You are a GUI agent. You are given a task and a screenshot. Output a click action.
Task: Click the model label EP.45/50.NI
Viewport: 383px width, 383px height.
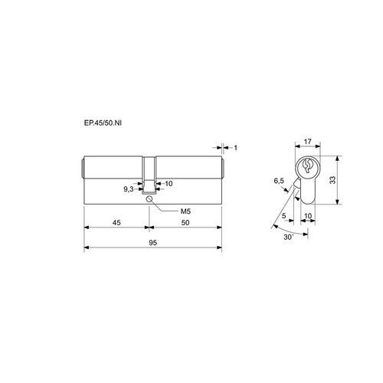[x=103, y=123]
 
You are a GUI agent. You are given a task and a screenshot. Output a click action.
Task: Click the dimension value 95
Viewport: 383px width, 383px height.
[x=152, y=243]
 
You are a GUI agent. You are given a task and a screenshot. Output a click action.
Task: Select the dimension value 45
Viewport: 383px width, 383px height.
[x=116, y=222]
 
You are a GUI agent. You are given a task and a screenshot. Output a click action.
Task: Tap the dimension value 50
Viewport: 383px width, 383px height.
[x=185, y=222]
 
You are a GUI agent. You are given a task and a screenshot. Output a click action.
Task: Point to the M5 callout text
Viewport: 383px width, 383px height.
[x=185, y=211]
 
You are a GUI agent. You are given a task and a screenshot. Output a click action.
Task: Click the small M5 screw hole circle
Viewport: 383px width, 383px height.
[x=149, y=199]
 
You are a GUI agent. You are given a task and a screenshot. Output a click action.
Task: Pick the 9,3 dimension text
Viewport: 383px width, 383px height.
[x=129, y=189]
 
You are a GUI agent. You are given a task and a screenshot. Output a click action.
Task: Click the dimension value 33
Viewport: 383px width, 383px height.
[x=332, y=180]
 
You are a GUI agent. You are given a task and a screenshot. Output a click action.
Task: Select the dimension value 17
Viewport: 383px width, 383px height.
[x=308, y=141]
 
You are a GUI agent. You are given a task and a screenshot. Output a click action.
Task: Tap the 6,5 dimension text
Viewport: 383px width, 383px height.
[x=279, y=181]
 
